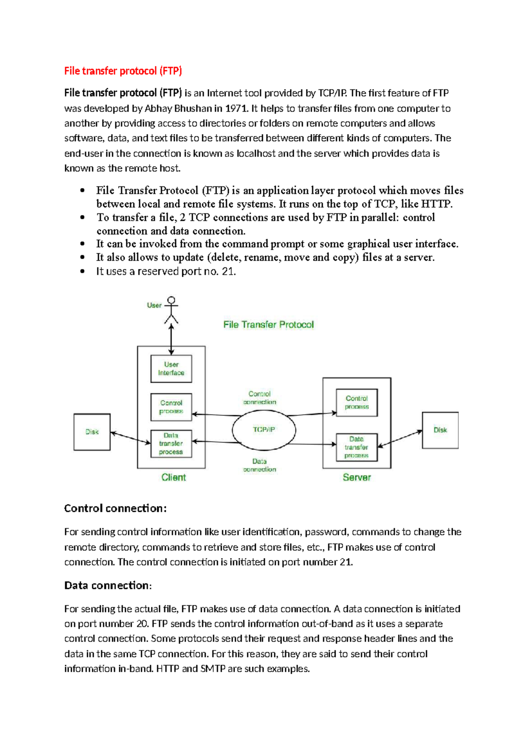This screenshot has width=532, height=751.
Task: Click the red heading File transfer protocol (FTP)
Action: tap(123, 71)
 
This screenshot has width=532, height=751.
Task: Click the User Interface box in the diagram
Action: tap(171, 368)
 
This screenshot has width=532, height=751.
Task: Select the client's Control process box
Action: tap(171, 407)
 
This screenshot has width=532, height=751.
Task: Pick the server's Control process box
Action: tap(356, 403)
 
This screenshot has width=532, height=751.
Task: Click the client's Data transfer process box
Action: tap(171, 444)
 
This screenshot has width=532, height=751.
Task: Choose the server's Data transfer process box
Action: tap(356, 447)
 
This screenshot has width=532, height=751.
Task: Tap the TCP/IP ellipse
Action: tap(264, 430)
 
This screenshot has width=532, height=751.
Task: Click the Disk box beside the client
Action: tap(92, 432)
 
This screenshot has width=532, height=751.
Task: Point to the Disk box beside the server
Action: tap(440, 430)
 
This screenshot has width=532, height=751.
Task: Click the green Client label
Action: tap(173, 477)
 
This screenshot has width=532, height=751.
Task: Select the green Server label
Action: tap(356, 477)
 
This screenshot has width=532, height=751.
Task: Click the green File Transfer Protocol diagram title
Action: tap(268, 325)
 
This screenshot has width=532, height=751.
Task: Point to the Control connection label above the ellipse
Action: tap(259, 398)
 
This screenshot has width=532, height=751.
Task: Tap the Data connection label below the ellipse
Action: tap(259, 465)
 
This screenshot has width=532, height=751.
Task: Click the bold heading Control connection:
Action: tap(115, 508)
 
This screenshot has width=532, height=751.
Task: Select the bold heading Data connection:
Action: tap(108, 585)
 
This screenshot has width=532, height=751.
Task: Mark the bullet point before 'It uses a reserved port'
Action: tap(82, 271)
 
